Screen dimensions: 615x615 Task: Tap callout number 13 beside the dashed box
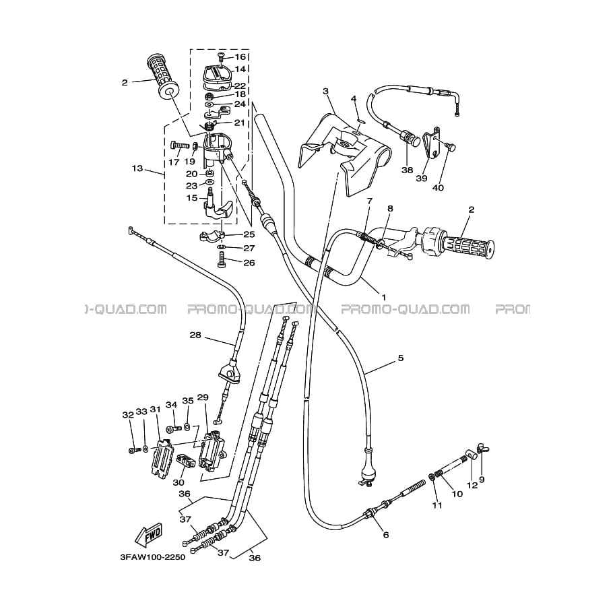(137, 168)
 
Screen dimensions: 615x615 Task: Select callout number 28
(195, 335)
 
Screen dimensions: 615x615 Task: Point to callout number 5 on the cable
(401, 358)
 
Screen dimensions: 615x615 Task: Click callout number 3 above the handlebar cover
(325, 91)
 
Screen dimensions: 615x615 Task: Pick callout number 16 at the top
(240, 57)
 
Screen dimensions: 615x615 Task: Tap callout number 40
(438, 188)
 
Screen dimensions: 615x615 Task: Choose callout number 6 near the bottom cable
(385, 535)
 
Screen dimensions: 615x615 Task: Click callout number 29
(203, 397)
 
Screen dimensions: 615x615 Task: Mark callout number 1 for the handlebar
(384, 297)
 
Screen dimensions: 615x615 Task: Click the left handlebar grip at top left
(160, 74)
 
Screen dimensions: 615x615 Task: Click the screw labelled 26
(222, 262)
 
